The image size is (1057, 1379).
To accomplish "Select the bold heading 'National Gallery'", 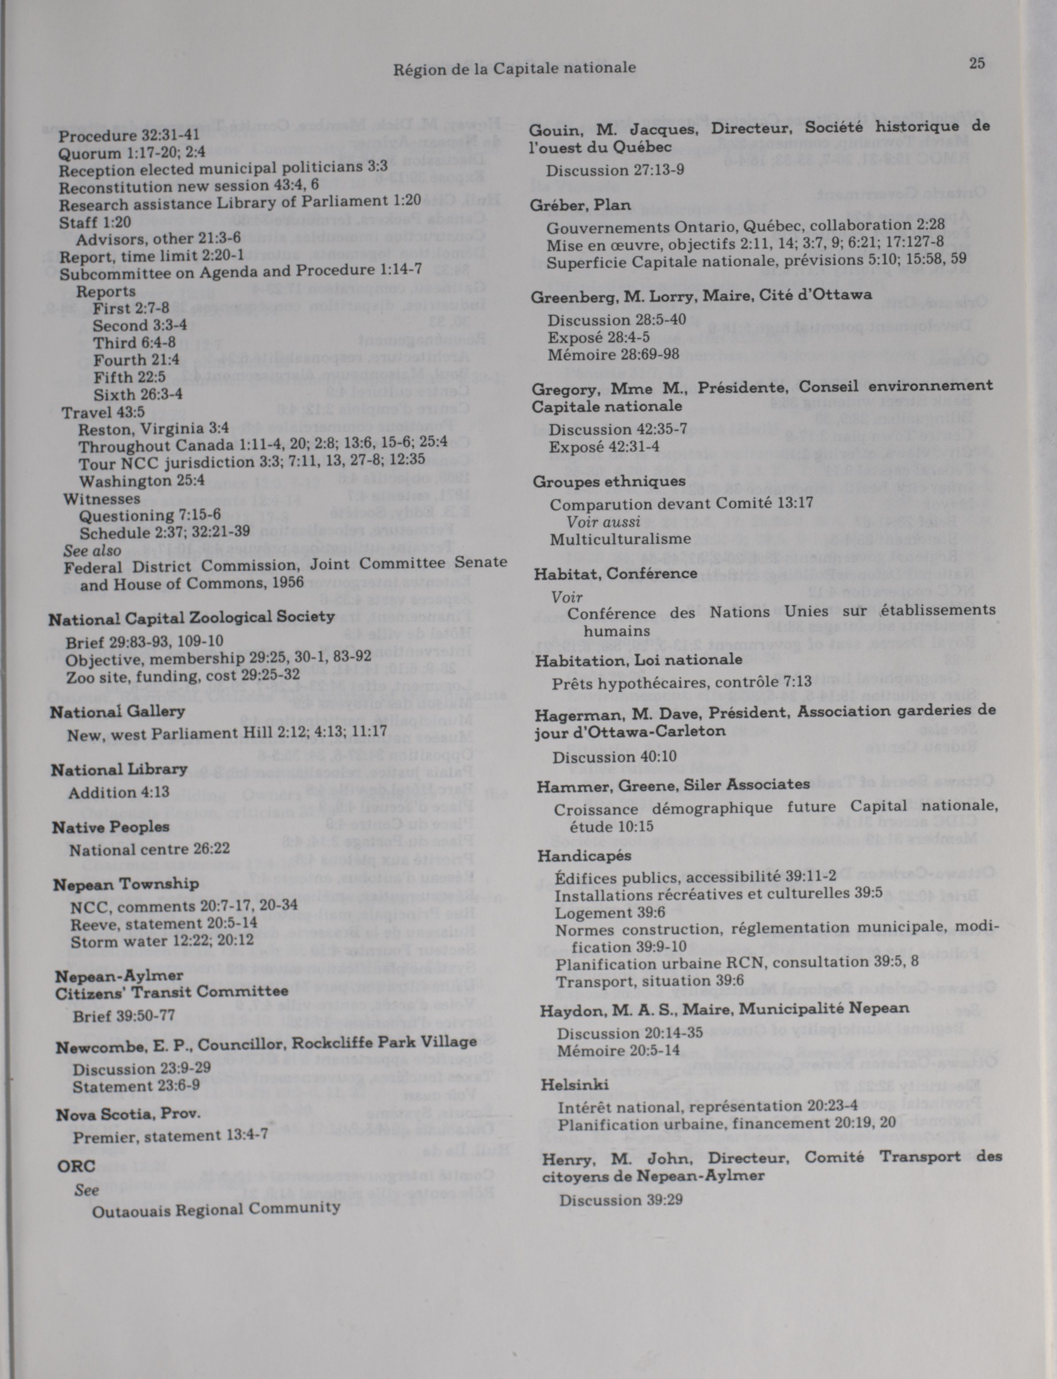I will [118, 711].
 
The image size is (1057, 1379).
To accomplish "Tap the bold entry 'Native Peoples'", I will [111, 827].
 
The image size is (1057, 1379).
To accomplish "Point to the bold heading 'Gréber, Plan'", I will [580, 205].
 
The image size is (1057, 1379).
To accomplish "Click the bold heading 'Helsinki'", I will [575, 1084].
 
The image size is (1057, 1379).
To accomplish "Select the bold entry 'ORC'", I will [76, 1165].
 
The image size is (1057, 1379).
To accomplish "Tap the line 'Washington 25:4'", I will [142, 481].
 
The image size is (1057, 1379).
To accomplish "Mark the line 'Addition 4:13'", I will [119, 792].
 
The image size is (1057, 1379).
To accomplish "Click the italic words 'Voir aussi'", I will [603, 521].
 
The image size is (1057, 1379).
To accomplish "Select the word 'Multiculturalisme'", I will [620, 539].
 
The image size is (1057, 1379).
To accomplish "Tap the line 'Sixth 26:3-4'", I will [138, 395].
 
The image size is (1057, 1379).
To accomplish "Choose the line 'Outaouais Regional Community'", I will [217, 1208].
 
